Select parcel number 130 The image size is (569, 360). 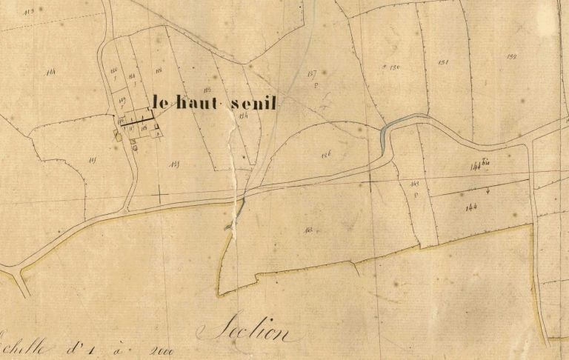point(395,67)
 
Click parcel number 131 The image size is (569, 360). point(444,61)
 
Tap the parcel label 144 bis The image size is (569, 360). point(481,165)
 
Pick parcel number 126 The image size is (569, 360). point(327,154)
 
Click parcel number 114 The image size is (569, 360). point(50,72)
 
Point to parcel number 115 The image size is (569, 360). point(93,160)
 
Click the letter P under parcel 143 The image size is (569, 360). point(416,195)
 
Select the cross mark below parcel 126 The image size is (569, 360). point(370,179)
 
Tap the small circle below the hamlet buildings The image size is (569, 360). point(135,147)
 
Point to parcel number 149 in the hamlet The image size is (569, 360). point(122,99)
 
